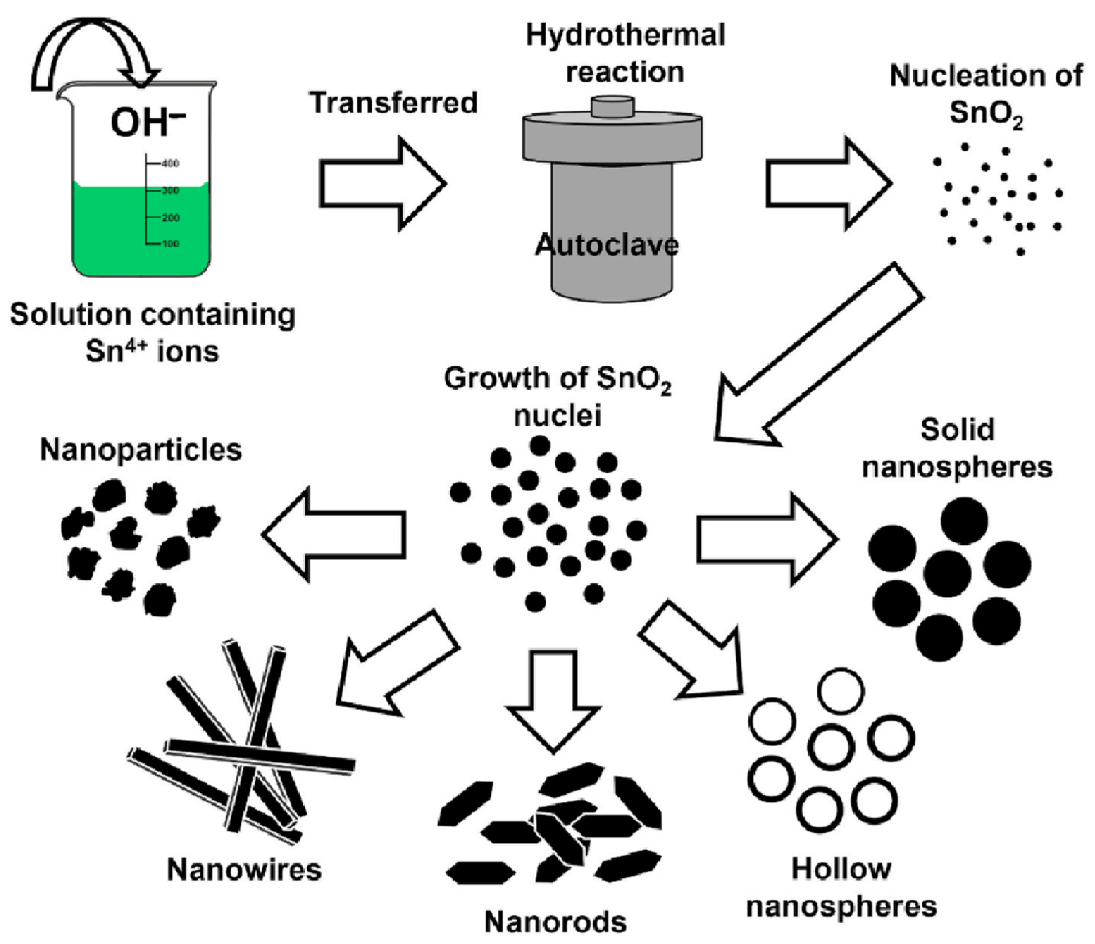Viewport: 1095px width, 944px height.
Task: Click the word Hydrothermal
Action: (625, 36)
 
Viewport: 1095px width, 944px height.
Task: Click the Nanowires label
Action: (244, 869)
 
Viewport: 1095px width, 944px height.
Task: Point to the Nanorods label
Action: (555, 922)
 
